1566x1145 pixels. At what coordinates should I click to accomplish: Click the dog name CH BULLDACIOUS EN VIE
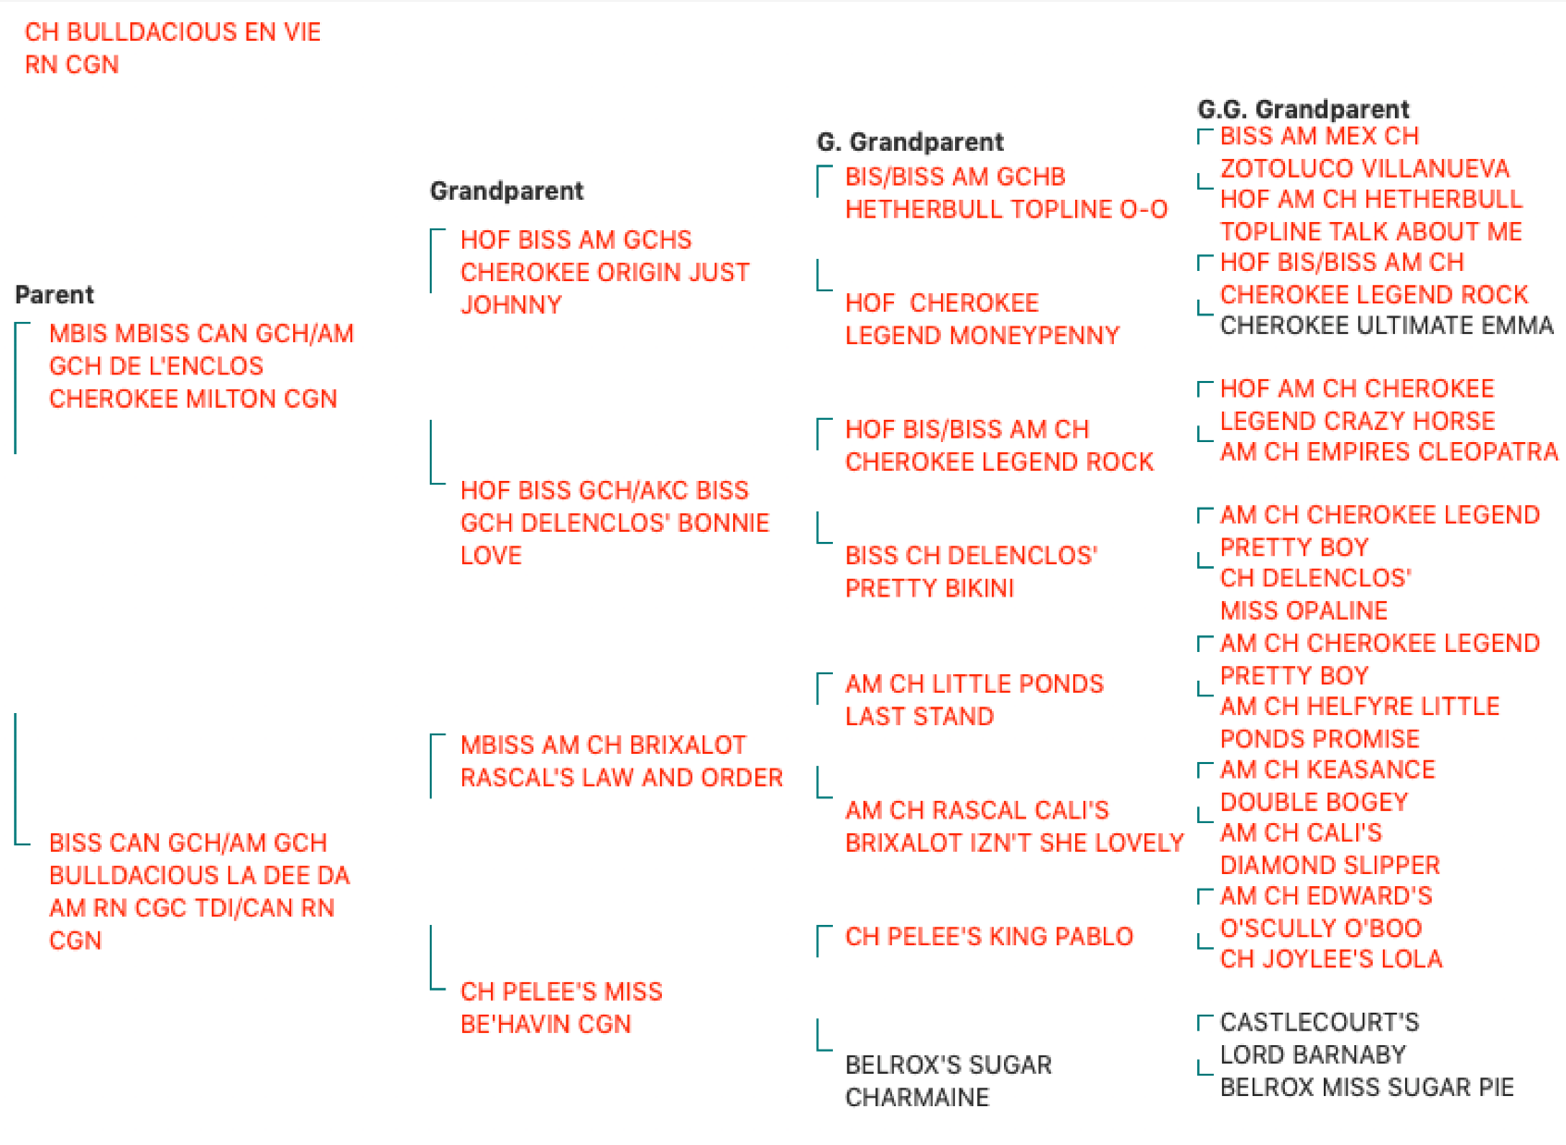[173, 32]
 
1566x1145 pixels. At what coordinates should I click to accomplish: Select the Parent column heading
[55, 294]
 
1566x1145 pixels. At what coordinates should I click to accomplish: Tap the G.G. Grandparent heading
[1303, 109]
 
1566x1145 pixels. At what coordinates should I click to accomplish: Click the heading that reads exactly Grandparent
[507, 191]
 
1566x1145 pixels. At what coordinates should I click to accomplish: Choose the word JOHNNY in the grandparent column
[511, 305]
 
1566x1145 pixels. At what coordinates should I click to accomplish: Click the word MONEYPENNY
[1035, 336]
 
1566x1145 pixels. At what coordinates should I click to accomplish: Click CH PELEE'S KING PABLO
[989, 937]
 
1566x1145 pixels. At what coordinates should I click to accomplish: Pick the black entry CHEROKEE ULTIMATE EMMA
[1387, 326]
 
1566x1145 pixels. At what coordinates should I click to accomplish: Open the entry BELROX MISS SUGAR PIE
[1367, 1087]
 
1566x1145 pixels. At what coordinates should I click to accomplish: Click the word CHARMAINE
[917, 1098]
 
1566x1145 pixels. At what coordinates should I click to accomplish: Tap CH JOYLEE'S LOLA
[1332, 959]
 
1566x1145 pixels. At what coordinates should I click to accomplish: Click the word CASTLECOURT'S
[1320, 1023]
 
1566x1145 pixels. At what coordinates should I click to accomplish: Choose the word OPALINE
[1339, 610]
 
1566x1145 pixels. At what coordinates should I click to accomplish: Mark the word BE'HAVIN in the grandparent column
[516, 1025]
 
